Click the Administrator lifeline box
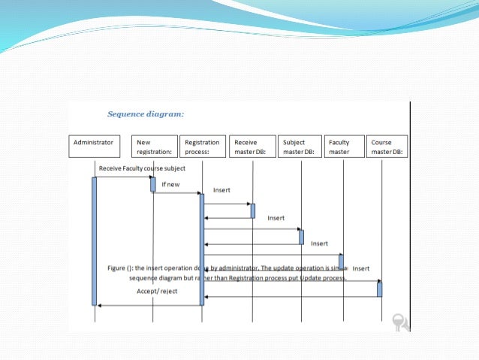click(94, 146)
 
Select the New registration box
click(154, 146)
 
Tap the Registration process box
click(202, 146)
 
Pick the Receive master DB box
click(252, 146)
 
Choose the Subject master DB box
click(300, 146)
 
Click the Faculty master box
click(344, 146)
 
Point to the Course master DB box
click(387, 146)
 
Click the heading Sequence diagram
click(146, 115)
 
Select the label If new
click(170, 184)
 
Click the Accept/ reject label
click(157, 291)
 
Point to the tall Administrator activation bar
click(95, 241)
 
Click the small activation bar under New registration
click(153, 184)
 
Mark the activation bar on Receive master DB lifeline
click(252, 210)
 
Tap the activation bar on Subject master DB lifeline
click(301, 236)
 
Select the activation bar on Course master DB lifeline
click(380, 289)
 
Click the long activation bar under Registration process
click(202, 248)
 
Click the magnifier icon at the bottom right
click(400, 322)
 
